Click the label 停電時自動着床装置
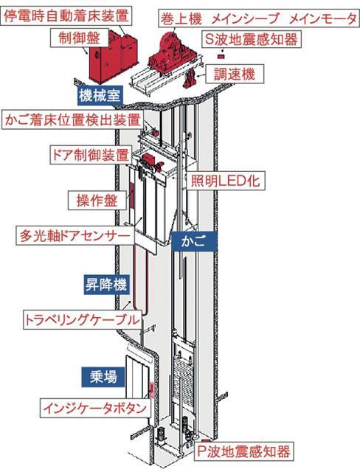click(x=66, y=16)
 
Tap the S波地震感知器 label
click(x=252, y=39)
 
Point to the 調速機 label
click(x=235, y=74)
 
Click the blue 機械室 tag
click(x=100, y=96)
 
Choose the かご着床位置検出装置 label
click(x=73, y=120)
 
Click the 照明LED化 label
click(x=226, y=181)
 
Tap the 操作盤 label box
click(x=97, y=200)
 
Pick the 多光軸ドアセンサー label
click(x=75, y=236)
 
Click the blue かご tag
click(x=194, y=241)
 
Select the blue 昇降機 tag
click(x=106, y=285)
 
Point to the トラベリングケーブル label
click(x=82, y=320)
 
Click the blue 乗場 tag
click(x=103, y=377)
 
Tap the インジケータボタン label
click(x=95, y=408)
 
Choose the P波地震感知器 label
click(x=244, y=451)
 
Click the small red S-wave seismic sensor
click(x=221, y=56)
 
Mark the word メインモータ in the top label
click(x=322, y=19)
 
